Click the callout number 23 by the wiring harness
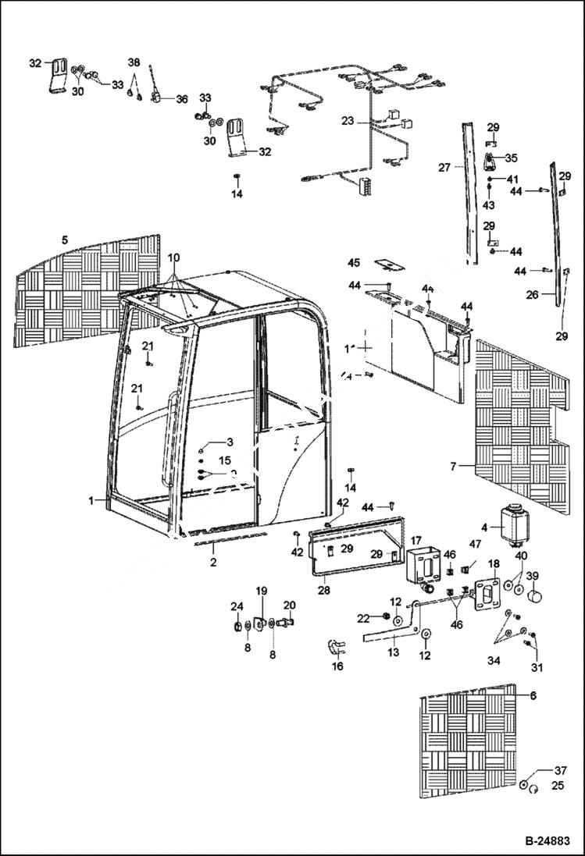(348, 121)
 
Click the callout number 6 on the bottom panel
(533, 695)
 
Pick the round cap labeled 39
(535, 597)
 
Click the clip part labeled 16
(335, 648)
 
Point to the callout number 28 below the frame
(323, 591)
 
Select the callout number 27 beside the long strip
(444, 167)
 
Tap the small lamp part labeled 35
(490, 162)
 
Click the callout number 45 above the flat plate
(355, 262)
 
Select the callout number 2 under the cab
(213, 560)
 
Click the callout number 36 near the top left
(181, 99)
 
